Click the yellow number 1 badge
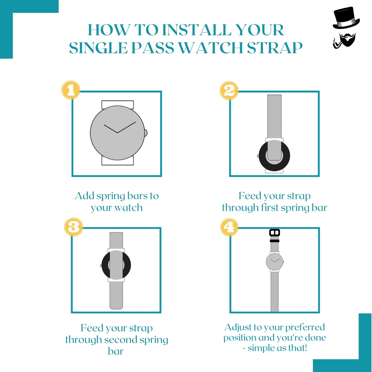click(71, 90)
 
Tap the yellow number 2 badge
click(229, 91)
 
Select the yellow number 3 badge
click(74, 227)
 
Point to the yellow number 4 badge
click(229, 227)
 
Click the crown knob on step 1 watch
click(146, 133)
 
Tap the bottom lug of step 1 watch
click(118, 161)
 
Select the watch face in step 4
click(275, 262)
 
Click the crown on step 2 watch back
click(258, 156)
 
